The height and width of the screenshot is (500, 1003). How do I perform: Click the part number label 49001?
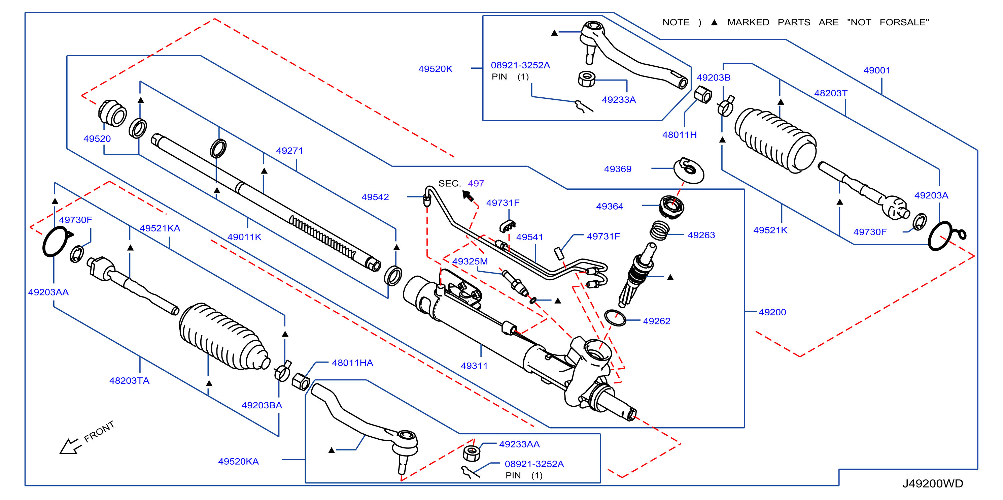(x=876, y=70)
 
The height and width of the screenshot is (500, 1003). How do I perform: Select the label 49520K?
(x=435, y=69)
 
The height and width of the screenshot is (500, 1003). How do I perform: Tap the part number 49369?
(x=618, y=169)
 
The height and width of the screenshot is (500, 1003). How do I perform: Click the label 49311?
(x=474, y=366)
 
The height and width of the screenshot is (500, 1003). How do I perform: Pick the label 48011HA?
(x=352, y=363)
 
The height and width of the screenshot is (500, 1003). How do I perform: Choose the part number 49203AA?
(x=48, y=292)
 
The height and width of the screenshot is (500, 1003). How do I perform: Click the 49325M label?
(x=470, y=261)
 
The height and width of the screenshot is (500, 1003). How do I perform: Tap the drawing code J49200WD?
(x=933, y=483)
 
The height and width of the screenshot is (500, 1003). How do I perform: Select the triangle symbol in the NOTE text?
(x=714, y=23)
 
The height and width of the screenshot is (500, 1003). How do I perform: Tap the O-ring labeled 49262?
(x=615, y=318)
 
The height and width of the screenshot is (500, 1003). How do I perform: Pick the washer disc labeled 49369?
(x=689, y=170)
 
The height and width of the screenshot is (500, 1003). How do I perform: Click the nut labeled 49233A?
(x=586, y=79)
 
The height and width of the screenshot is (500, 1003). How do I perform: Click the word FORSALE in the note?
(x=904, y=23)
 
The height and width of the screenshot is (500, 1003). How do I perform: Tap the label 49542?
(x=375, y=197)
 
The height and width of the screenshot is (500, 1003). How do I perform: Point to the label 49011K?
(x=244, y=237)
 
